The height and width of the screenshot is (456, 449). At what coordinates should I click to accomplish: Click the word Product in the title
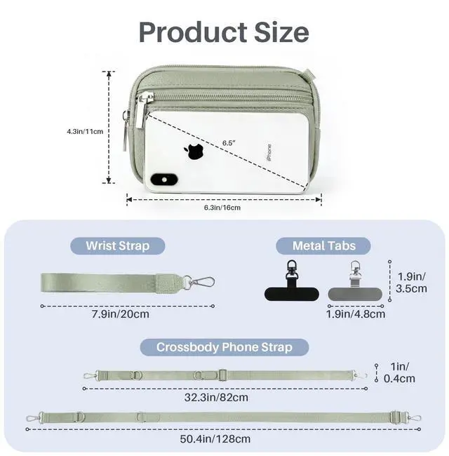coord(192,32)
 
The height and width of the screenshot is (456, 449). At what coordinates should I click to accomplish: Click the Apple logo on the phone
coord(194,152)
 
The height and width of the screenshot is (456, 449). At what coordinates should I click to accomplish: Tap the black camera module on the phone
coord(164,180)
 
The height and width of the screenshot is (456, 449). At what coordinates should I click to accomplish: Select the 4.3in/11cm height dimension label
coord(85,131)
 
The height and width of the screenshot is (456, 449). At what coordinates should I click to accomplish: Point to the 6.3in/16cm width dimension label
coord(222,208)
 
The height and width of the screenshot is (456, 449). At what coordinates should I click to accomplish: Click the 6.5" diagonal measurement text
coord(229,143)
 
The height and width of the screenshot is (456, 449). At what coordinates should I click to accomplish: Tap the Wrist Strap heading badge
coord(118,246)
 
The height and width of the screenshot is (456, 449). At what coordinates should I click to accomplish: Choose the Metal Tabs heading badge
coord(323,246)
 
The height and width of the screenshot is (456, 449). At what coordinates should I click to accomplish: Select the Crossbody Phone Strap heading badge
coord(224,347)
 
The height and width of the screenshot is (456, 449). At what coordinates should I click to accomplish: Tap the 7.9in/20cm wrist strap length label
coord(121,314)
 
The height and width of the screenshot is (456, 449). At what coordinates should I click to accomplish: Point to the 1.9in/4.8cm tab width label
coord(356,314)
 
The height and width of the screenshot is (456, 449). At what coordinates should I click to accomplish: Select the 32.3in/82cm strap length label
coord(216,397)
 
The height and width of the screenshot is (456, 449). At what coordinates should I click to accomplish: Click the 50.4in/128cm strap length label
coord(215,438)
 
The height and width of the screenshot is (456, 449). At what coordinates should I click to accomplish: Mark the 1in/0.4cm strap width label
coord(399,373)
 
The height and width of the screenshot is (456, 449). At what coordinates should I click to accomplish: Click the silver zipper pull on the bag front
coord(141,110)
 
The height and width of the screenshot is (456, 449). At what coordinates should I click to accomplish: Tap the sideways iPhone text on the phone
coord(269,153)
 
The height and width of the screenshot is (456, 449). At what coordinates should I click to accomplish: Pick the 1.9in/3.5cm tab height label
coord(411,283)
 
